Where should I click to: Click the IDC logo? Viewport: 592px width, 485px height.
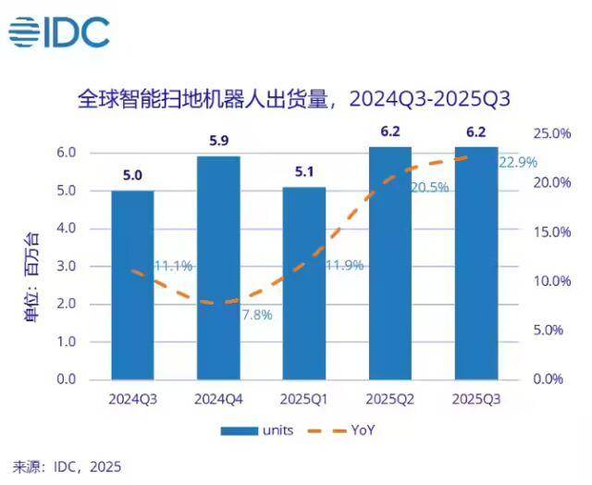59,33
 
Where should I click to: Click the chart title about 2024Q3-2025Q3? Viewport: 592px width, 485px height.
295,98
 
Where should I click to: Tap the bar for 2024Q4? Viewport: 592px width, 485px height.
218,267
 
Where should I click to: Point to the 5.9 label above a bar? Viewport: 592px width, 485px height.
218,141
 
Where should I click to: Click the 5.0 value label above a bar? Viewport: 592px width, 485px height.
132,174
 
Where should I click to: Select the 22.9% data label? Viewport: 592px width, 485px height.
518,163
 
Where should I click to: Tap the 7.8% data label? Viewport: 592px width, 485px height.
256,315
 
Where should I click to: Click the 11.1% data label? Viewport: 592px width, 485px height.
173,267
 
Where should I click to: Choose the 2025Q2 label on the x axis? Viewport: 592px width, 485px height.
390,399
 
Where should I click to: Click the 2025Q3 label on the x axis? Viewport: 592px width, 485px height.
476,399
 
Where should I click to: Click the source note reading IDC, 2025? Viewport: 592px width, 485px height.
66,466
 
